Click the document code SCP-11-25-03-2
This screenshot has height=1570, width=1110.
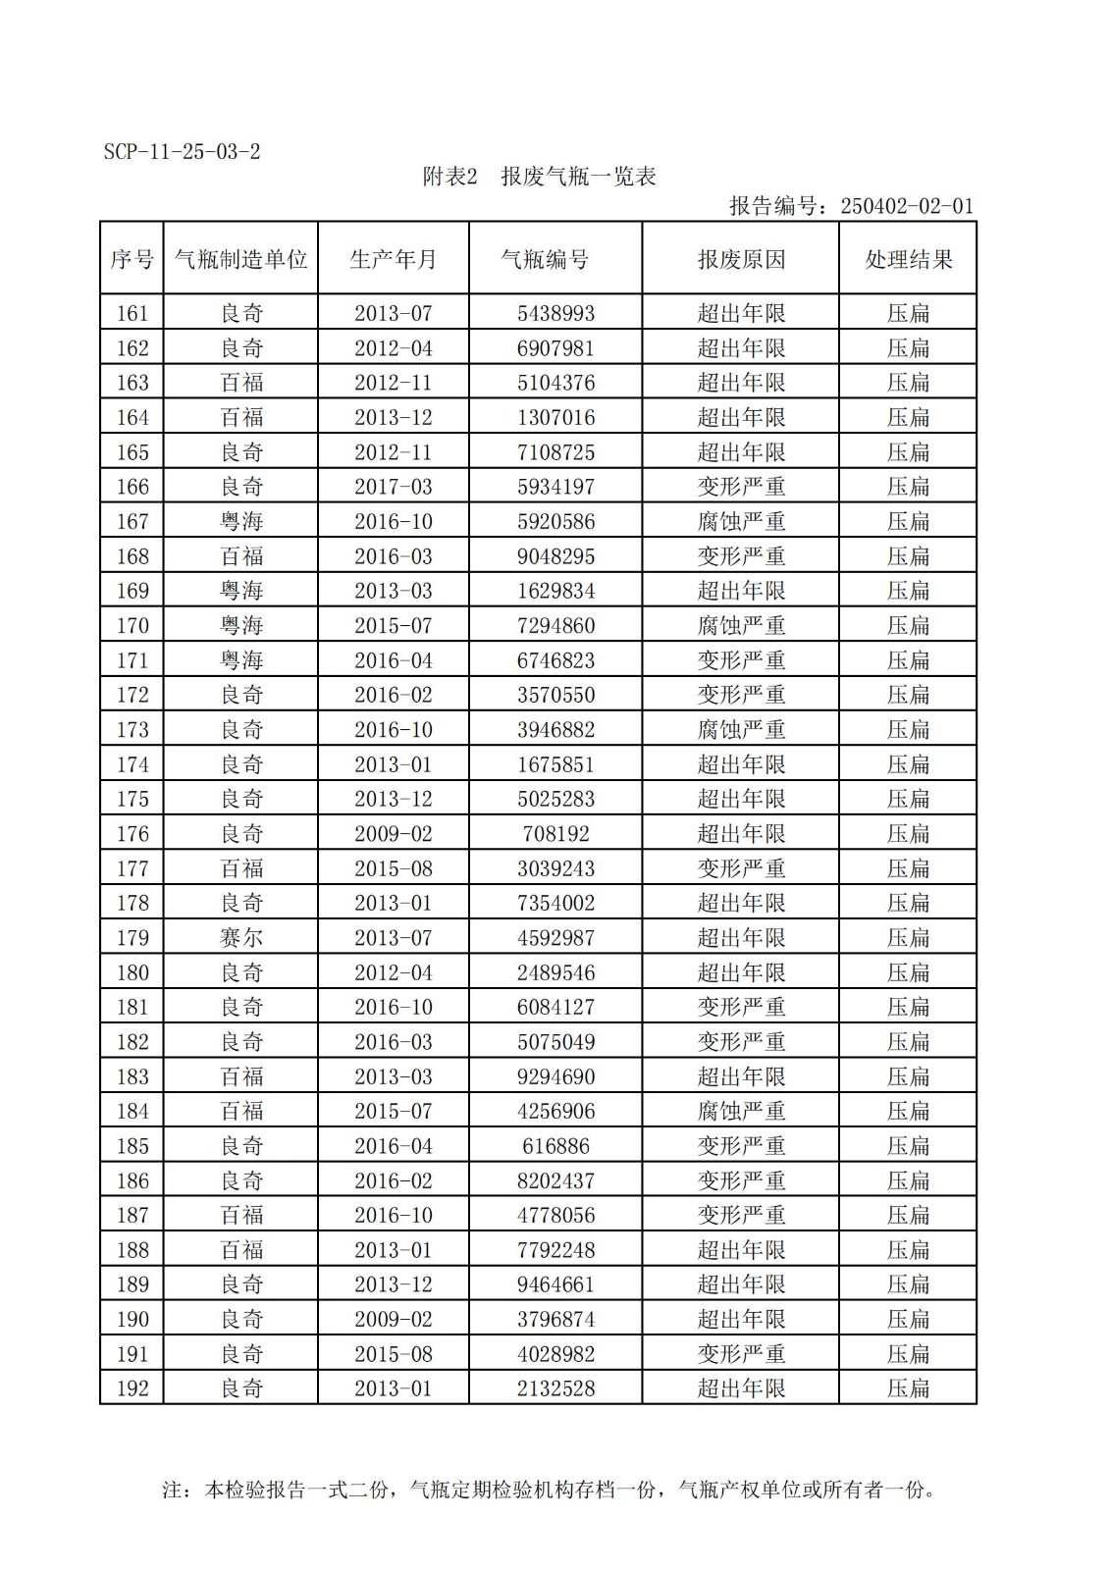(182, 152)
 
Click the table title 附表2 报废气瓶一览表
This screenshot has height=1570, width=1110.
(539, 177)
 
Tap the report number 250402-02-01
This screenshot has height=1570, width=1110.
(906, 206)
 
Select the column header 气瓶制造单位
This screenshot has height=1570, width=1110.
(240, 259)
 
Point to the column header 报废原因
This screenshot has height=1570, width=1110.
(741, 259)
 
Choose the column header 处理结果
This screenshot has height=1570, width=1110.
(908, 259)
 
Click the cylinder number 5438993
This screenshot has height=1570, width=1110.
(555, 313)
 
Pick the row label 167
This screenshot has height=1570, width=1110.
(132, 521)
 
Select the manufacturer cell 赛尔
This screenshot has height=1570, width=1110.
(240, 938)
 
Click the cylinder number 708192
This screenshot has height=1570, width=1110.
(555, 834)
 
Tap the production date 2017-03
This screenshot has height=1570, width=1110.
(393, 487)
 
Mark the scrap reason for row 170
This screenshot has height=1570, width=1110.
(741, 625)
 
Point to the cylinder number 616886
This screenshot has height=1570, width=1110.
(555, 1146)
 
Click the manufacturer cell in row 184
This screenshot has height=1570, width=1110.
(240, 1111)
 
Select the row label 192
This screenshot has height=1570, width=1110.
(132, 1388)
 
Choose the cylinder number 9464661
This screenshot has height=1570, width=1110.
(555, 1284)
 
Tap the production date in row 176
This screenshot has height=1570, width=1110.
(393, 834)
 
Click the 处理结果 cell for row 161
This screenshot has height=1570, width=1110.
(908, 313)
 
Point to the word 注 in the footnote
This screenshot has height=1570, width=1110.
(172, 1490)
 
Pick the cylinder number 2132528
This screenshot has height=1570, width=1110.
(555, 1388)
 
